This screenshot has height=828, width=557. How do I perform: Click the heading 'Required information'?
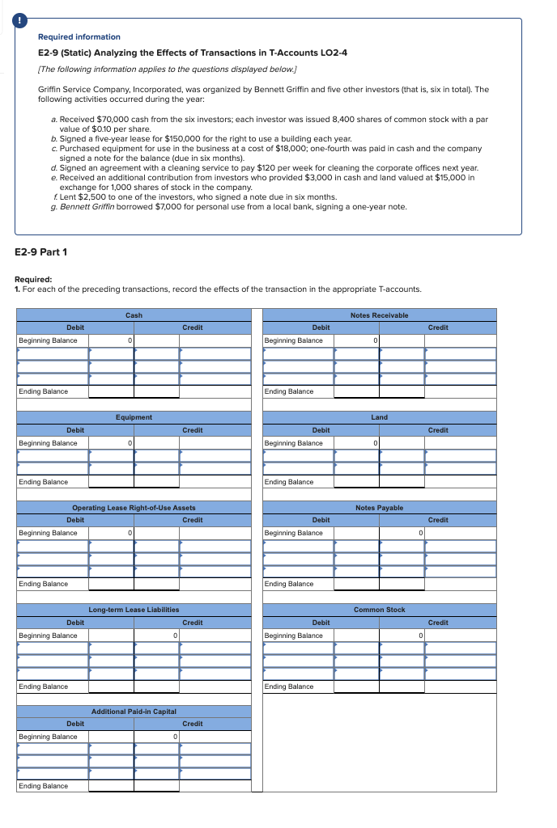coord(79,37)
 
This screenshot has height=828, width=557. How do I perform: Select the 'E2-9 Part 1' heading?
coord(41,251)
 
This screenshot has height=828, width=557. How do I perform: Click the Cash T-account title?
coord(134,315)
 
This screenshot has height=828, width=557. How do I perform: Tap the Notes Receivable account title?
coord(379,315)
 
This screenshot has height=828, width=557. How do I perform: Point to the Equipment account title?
coord(134,417)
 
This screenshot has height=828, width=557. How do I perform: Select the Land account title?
coord(379,417)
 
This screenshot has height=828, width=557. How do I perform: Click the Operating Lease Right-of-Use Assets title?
coord(134,508)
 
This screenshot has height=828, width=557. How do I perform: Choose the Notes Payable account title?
coord(379,508)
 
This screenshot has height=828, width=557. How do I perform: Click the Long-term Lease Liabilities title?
coord(134,610)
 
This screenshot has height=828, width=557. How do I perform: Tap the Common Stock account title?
coord(379,610)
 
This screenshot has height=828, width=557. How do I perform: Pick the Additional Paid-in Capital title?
coord(134,711)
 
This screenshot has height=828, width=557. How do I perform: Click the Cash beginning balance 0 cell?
coord(112,340)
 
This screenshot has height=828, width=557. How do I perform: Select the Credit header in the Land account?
coord(437,430)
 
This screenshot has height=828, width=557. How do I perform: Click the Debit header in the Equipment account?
coord(75,430)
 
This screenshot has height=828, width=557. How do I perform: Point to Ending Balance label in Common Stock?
coord(289,686)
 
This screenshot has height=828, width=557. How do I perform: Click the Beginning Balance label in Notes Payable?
coord(293,533)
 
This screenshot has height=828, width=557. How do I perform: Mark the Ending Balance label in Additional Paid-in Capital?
coord(44,786)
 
